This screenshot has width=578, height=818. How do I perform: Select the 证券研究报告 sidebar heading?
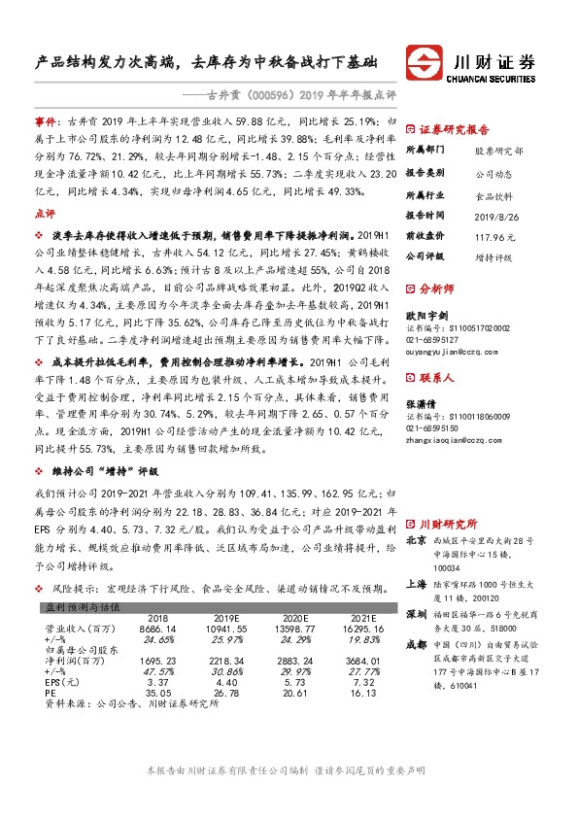tap(454, 129)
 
